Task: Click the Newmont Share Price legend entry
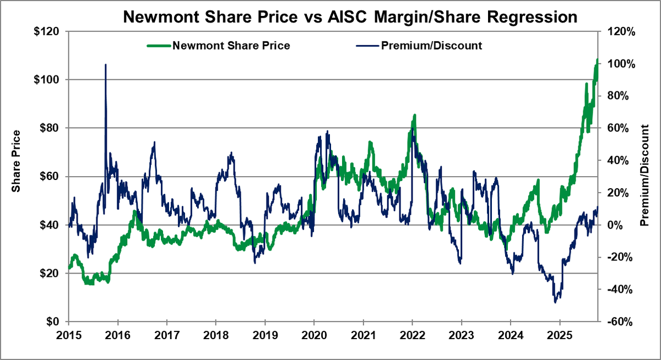(x=231, y=45)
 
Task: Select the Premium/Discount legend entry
(x=431, y=45)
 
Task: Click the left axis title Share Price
(x=17, y=161)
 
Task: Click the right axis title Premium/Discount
(x=645, y=176)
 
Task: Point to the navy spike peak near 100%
(x=105, y=65)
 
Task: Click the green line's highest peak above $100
(x=598, y=59)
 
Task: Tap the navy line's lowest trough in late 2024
(x=555, y=302)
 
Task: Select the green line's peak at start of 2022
(x=414, y=115)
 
